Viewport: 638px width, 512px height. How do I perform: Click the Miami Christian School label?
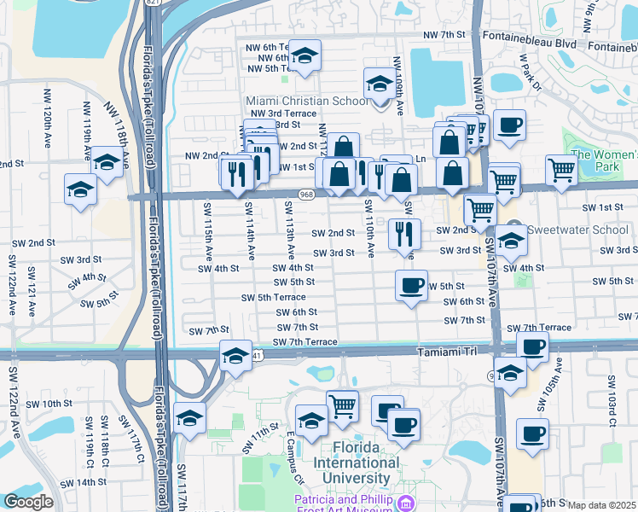click(307, 101)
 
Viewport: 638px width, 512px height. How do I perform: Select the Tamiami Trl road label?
click(449, 352)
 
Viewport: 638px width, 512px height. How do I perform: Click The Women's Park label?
click(605, 160)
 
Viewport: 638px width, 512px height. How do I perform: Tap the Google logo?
click(28, 502)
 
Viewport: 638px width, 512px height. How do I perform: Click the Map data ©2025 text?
click(602, 505)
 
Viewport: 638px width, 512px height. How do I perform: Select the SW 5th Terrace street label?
click(274, 297)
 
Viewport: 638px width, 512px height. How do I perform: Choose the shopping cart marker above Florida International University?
click(342, 405)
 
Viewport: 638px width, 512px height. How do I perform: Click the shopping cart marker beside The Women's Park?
click(561, 170)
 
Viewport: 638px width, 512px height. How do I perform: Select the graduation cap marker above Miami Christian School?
click(304, 55)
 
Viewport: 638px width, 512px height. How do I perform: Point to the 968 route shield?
click(308, 195)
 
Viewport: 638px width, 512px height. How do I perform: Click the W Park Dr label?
click(530, 73)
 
